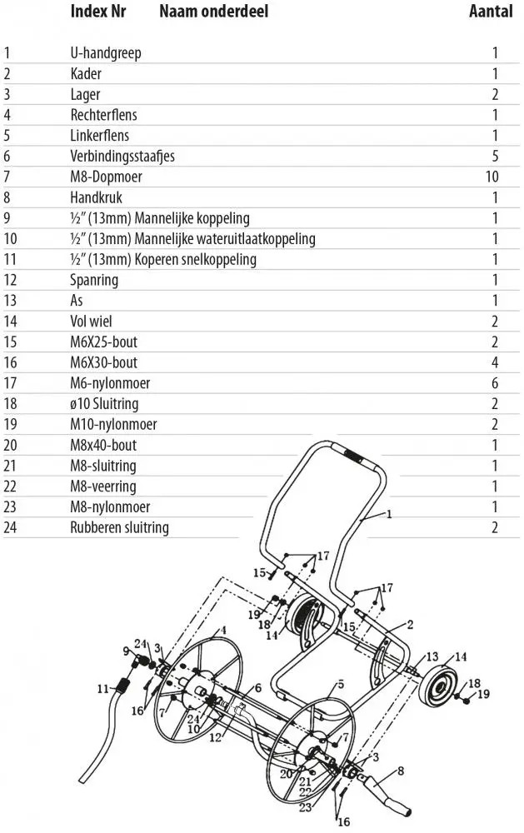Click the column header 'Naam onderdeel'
coord(213,12)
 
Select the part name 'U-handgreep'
coord(106,53)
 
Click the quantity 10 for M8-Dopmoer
coord(492,177)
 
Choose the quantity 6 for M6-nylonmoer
coord(495,383)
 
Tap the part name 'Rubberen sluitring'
coord(119,527)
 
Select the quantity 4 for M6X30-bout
coord(495,362)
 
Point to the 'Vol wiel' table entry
coord(92,321)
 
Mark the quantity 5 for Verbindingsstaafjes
coord(495,156)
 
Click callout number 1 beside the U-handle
coord(388,516)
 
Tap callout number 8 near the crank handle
coord(401,771)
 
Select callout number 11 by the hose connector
coord(103,688)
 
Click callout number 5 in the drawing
coord(341,685)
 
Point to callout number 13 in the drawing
coord(432,657)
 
